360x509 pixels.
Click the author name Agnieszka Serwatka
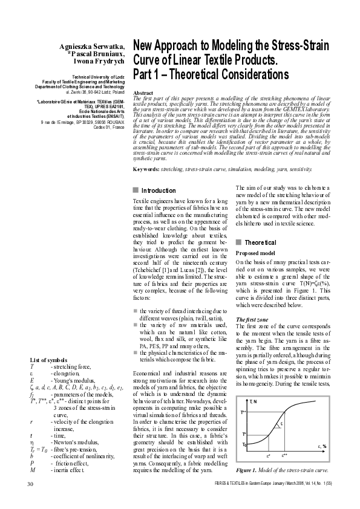coord(92,47)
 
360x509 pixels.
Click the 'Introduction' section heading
coord(159,190)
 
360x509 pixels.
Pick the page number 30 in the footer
coord(30,484)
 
